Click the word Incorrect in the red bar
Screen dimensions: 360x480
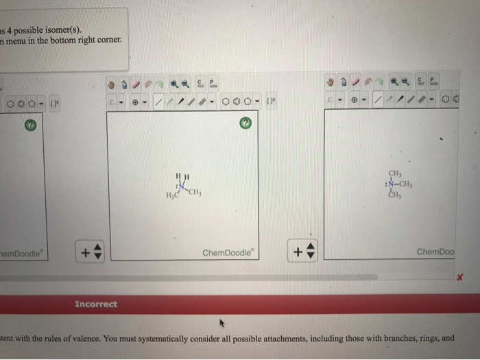pos(95,304)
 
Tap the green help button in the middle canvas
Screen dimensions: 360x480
pos(245,124)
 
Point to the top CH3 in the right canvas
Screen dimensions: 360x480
pos(395,173)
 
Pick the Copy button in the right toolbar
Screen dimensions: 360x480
pos(419,81)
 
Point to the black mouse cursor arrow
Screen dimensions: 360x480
pos(221,320)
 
